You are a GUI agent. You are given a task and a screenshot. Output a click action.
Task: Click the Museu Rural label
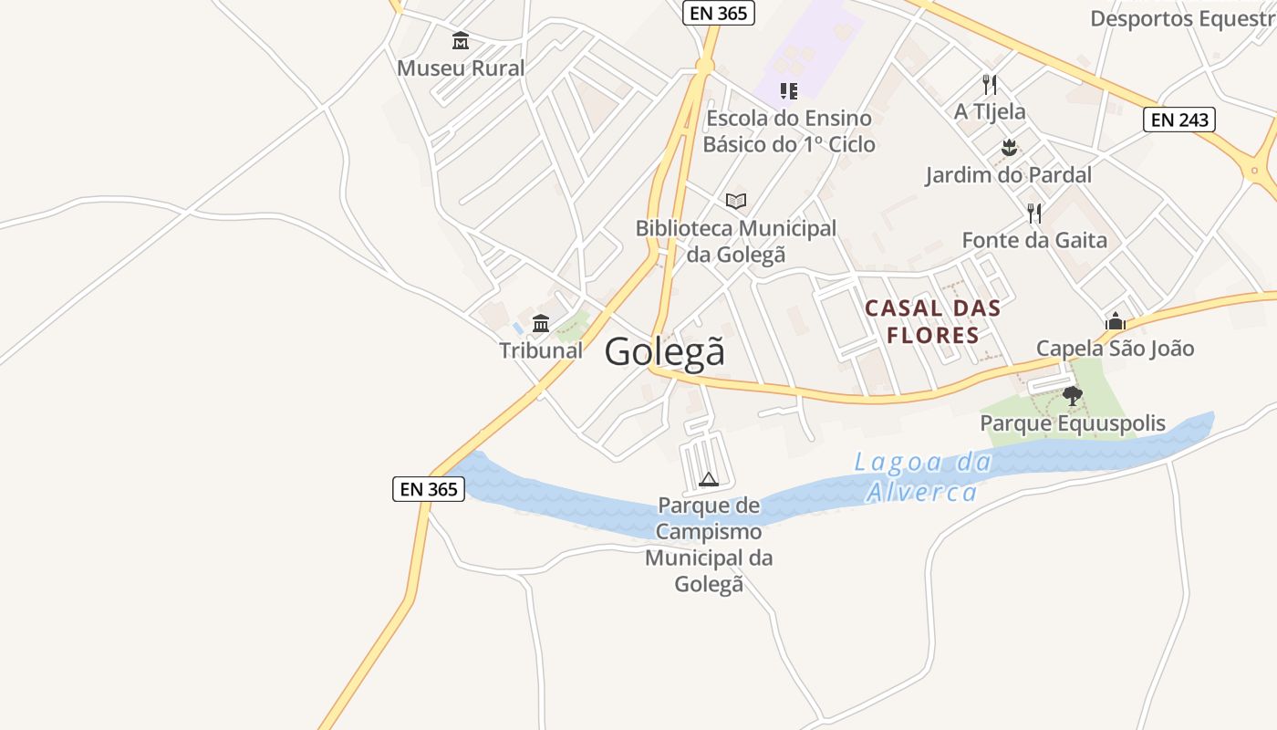pos(461,68)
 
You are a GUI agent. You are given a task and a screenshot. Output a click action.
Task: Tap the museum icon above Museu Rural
pos(461,41)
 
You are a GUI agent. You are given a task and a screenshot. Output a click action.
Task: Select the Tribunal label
pos(541,350)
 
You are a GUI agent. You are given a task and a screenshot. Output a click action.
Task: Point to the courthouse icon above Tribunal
pos(541,323)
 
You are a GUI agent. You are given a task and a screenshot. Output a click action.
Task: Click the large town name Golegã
pos(665,351)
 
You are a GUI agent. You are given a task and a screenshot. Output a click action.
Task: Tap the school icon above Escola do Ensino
pos(789,90)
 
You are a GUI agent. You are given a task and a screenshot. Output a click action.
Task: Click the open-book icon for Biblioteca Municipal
pos(736,201)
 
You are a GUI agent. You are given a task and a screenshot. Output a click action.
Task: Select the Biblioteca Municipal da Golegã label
pos(736,241)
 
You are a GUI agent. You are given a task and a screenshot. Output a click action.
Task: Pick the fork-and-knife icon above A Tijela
pos(990,85)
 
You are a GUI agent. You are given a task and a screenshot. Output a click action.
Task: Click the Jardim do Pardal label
pos(1008,175)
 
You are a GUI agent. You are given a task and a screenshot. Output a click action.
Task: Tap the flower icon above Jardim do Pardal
pos(1009,147)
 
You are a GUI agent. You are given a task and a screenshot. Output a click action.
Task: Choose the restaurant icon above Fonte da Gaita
pos(1034,214)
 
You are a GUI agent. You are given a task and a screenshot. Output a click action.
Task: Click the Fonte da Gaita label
pos(1034,241)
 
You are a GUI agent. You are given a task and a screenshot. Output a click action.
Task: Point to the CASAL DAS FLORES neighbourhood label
pos(932,321)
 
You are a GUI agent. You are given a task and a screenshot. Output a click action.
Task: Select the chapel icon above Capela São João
pos(1115,321)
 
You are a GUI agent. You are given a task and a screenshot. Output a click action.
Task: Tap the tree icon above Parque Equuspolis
pos(1073,395)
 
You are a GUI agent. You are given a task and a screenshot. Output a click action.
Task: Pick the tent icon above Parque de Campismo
pos(709,479)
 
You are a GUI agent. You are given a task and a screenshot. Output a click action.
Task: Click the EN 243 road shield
pos(1179,120)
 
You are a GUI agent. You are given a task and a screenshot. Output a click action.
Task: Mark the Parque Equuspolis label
pos(1073,423)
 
